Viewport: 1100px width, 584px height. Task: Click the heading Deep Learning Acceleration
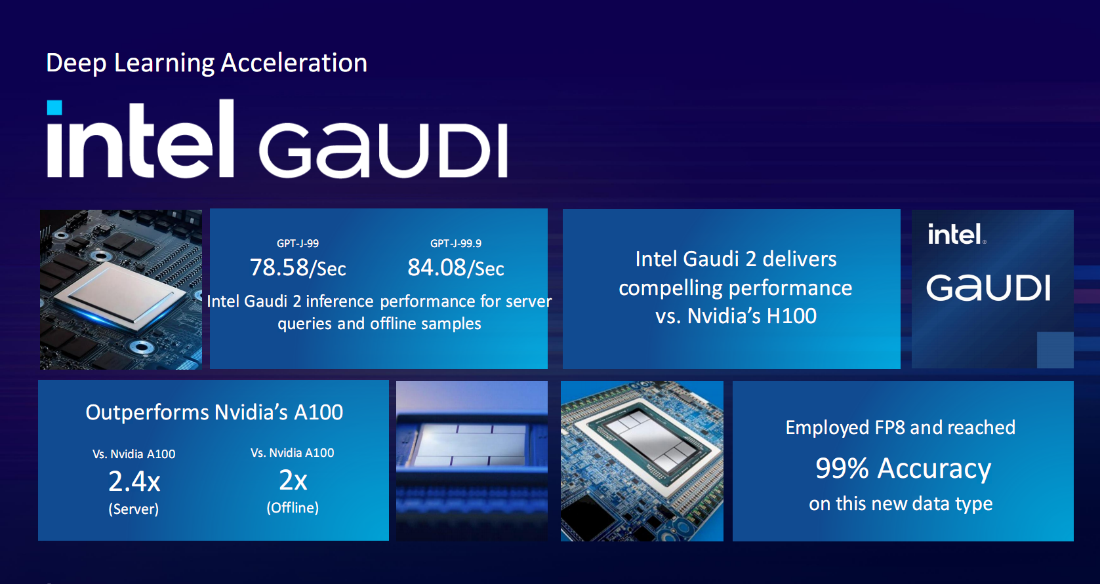click(x=206, y=64)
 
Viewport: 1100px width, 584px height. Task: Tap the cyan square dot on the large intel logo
click(x=54, y=107)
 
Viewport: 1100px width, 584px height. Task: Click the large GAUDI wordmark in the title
click(x=383, y=149)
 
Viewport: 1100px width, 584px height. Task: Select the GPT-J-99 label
click(x=298, y=243)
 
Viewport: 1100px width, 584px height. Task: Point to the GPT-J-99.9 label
click(x=456, y=243)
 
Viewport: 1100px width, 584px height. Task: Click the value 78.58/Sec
click(x=298, y=268)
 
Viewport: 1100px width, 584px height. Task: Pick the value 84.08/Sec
click(x=456, y=268)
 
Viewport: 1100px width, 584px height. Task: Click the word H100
click(x=791, y=316)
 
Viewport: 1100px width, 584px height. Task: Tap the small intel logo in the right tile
click(x=956, y=234)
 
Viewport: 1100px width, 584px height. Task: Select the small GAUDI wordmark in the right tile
click(x=988, y=288)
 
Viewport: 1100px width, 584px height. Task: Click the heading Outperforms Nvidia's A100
click(x=214, y=412)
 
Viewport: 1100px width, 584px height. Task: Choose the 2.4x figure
click(x=134, y=482)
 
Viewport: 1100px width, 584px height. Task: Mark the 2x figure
click(x=293, y=480)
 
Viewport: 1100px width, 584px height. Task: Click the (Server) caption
click(x=134, y=509)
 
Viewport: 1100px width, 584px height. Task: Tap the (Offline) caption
click(x=293, y=507)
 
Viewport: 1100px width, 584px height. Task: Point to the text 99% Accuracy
click(x=903, y=469)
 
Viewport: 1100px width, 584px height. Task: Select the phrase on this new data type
click(x=901, y=503)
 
